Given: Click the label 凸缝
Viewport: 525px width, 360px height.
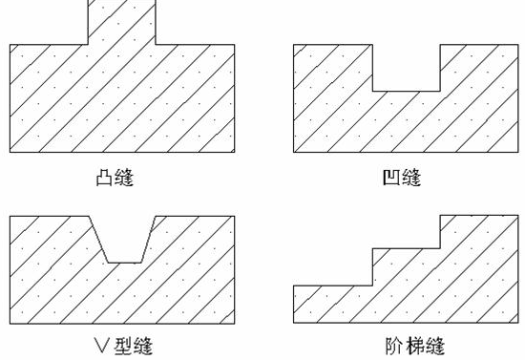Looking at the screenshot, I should [121, 178].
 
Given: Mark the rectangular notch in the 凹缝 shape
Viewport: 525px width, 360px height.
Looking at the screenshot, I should [405, 67].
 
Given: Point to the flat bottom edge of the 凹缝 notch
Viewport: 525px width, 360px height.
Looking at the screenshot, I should [405, 91].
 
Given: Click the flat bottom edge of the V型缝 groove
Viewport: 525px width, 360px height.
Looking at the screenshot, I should [121, 262].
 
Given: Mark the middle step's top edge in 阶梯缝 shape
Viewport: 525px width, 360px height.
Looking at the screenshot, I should [405, 251].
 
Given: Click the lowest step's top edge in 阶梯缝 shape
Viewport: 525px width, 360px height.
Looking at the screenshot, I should [330, 285].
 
